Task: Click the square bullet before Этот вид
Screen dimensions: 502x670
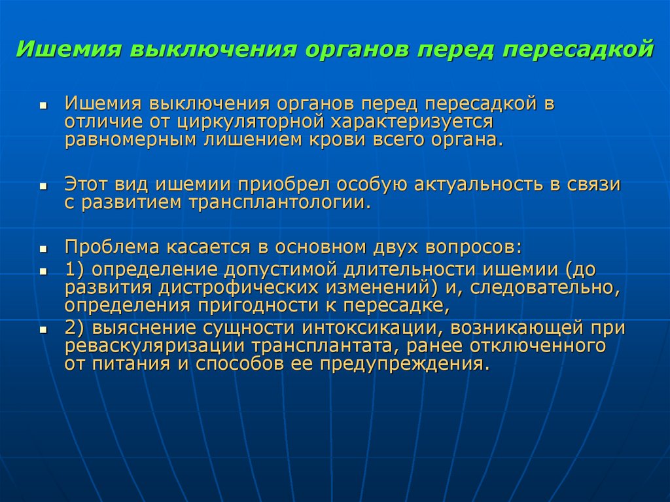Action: [x=43, y=187]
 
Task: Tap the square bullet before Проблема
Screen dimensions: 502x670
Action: [x=43, y=249]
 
